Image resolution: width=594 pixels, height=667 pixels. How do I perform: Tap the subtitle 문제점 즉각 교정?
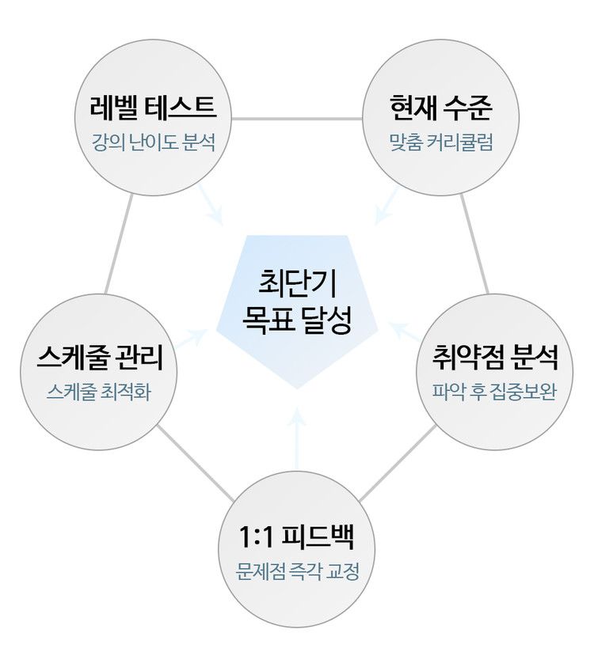coord(297,571)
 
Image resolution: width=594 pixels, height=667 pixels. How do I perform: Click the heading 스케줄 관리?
coord(99,358)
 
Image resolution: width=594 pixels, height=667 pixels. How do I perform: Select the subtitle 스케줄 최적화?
coord(99,392)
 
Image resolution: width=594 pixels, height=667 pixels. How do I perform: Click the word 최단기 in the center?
coord(297,281)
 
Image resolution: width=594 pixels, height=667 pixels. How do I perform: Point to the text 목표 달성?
coord(297,319)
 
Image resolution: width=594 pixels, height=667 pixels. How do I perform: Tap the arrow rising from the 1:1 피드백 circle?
coord(297,439)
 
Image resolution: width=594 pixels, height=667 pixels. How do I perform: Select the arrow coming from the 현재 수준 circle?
coord(387,203)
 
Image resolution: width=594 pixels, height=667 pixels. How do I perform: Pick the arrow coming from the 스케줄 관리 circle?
coord(192,339)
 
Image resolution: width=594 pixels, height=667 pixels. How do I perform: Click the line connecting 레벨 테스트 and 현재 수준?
coord(297,119)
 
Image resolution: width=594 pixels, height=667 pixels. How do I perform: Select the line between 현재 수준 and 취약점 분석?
coord(475,241)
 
